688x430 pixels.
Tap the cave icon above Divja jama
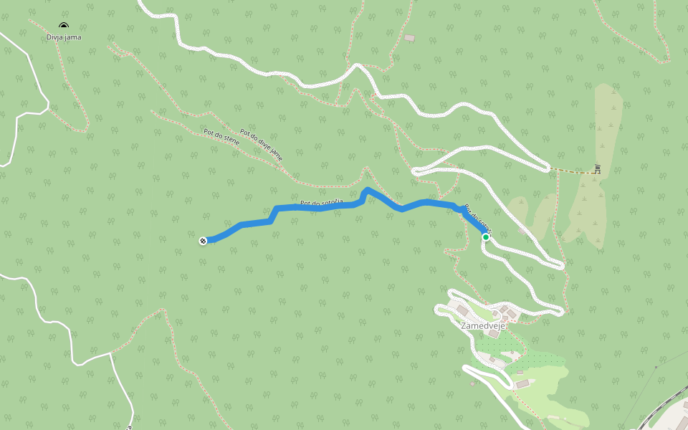(64, 27)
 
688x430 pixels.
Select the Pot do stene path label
(221, 137)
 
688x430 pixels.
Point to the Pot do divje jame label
(261, 143)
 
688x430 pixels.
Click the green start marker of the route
(485, 237)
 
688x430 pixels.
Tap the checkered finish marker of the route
(203, 241)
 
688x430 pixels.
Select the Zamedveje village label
(483, 325)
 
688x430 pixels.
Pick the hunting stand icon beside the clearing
(597, 169)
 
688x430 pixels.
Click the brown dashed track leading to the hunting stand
(573, 171)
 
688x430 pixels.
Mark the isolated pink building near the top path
(409, 38)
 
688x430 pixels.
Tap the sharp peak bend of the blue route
(367, 189)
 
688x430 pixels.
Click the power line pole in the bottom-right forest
(656, 367)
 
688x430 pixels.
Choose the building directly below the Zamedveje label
(494, 334)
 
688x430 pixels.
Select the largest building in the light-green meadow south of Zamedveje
(522, 384)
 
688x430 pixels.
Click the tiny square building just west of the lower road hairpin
(472, 383)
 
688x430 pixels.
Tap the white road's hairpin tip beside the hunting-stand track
(550, 168)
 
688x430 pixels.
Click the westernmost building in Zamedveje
(462, 309)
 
